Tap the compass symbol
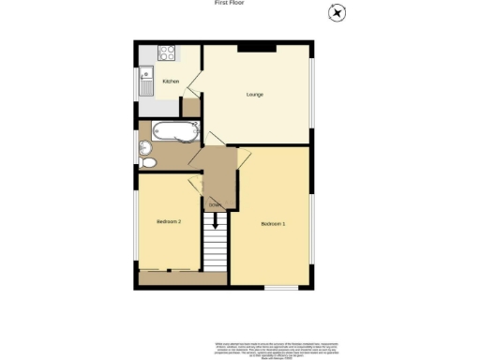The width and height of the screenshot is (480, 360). [x=335, y=12]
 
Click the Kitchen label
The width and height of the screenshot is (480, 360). [x=171, y=82]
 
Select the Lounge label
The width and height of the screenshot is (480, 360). [x=253, y=95]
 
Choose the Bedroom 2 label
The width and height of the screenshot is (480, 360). [x=167, y=221]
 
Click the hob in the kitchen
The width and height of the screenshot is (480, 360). [x=166, y=54]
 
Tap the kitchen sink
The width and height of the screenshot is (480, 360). [x=146, y=82]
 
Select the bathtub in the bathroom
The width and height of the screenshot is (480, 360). [x=175, y=132]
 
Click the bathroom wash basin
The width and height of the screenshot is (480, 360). [x=144, y=147]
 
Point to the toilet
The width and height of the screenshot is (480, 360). [x=149, y=161]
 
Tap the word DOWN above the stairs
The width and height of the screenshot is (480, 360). [x=214, y=204]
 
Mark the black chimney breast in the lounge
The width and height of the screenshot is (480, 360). [x=255, y=48]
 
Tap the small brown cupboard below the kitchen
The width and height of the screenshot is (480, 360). [x=190, y=107]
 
